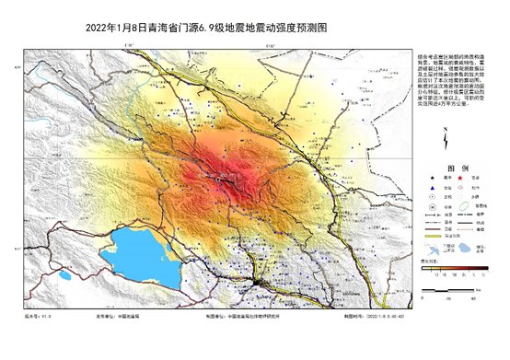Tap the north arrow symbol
pos(446,139)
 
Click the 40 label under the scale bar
pos(473,297)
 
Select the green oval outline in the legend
pos(429,248)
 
